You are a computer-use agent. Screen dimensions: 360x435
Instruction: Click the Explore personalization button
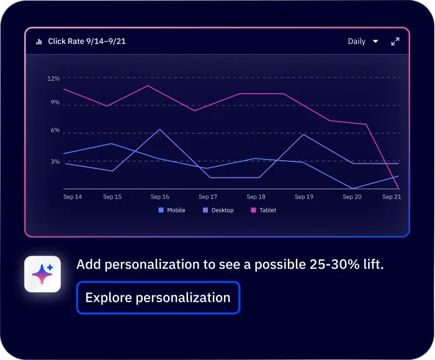coord(158,297)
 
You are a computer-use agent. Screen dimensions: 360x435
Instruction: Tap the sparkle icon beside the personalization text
coord(42,274)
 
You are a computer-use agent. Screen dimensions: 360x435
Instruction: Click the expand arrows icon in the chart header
coord(395,42)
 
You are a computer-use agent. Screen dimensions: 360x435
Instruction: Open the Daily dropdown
coord(363,42)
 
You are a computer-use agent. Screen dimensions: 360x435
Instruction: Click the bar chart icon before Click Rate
coord(39,42)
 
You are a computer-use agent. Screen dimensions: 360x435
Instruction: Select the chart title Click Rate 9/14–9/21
coord(87,42)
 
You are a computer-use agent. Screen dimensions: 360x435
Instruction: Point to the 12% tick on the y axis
coord(53,79)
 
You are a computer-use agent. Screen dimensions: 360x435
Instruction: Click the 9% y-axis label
coord(55,102)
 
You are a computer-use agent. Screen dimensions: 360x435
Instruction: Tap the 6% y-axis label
coord(55,130)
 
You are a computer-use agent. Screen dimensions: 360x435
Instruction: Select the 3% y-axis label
coord(55,161)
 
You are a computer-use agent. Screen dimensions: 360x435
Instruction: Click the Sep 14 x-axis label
coord(73,197)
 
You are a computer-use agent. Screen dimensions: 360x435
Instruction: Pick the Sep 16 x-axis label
coord(159,197)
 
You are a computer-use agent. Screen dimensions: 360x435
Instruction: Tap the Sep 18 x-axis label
coord(256,197)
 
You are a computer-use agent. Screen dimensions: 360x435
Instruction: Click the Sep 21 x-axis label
coord(392,197)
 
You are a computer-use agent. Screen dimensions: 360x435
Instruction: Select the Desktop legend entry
coord(218,210)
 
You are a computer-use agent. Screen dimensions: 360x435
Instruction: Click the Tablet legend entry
coord(263,210)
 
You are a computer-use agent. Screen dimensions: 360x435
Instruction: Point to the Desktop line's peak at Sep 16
coord(160,129)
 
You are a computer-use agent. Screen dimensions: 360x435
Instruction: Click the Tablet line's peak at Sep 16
coord(148,86)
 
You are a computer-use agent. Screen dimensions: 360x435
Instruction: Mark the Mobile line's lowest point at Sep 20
coord(352,188)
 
